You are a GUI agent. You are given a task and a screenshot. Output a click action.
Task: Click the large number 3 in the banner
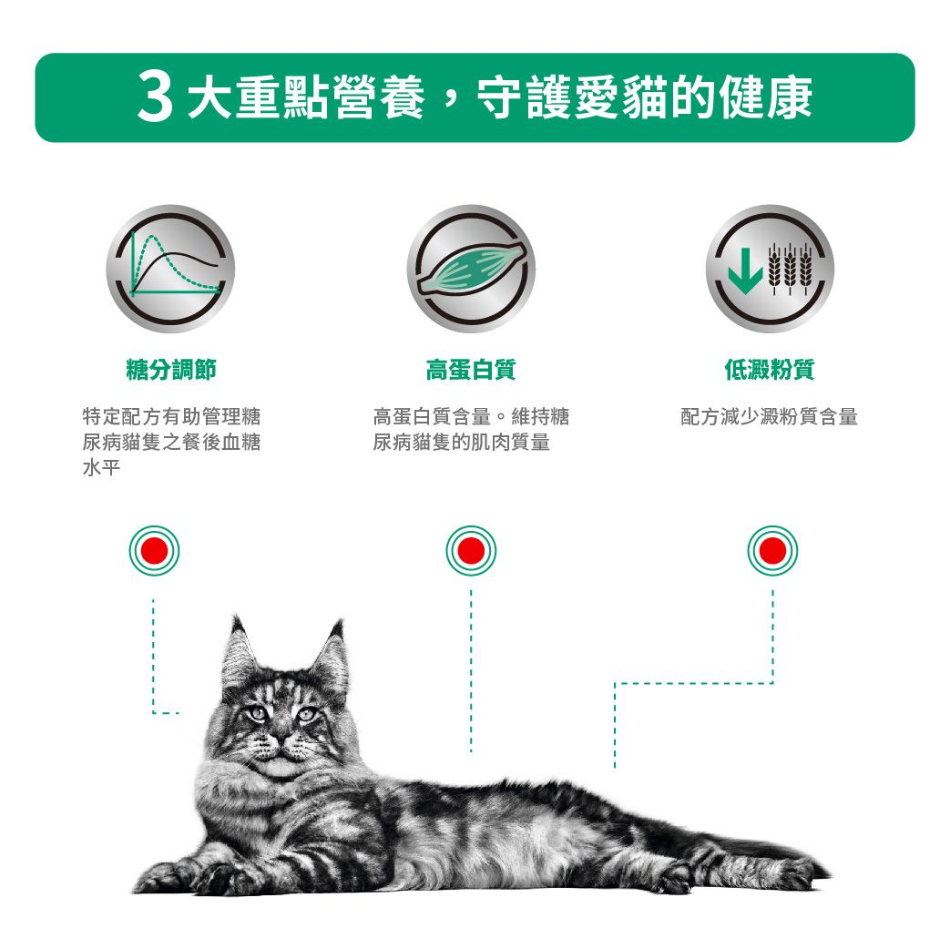(155, 99)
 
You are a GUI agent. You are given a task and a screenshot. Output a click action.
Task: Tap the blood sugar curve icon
(170, 269)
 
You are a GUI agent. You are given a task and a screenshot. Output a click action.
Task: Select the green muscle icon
(471, 269)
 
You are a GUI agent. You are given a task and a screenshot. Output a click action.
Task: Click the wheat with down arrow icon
(770, 269)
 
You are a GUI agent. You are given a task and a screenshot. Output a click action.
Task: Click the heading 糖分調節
(171, 370)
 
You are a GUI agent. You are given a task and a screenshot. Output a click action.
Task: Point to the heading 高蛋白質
(471, 370)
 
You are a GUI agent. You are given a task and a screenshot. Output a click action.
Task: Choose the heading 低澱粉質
(770, 370)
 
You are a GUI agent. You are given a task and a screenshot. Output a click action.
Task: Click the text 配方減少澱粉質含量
(770, 418)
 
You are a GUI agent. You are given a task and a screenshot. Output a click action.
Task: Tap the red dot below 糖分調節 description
(154, 551)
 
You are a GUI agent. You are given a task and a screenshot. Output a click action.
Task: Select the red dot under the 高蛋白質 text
(471, 551)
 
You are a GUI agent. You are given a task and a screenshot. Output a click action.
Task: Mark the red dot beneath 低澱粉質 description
(772, 551)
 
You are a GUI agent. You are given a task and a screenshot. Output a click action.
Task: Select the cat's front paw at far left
(164, 878)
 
